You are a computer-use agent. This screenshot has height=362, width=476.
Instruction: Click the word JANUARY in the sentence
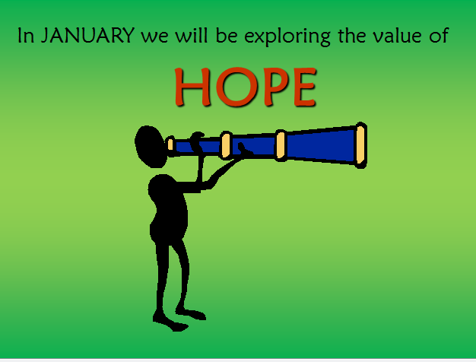click(x=87, y=36)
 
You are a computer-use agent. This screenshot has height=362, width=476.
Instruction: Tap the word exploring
click(x=287, y=37)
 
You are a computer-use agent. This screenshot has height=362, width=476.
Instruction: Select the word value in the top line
click(x=398, y=36)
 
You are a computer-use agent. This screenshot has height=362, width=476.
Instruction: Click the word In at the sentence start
click(x=26, y=36)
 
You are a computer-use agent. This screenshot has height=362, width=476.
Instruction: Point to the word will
click(x=192, y=36)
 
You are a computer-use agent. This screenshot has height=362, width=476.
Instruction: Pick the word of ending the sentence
click(x=439, y=36)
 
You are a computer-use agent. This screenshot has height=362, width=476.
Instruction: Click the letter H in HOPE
click(x=193, y=87)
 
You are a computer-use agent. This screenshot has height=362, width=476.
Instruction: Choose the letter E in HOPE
click(x=305, y=87)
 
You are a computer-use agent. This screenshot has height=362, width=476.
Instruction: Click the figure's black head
click(x=151, y=146)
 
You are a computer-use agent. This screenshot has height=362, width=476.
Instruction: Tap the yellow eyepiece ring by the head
click(x=170, y=144)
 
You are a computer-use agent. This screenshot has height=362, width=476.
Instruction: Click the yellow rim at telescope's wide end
click(x=360, y=145)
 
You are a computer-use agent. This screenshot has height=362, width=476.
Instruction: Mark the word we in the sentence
click(x=154, y=38)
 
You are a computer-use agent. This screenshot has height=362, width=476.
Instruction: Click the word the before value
click(x=352, y=36)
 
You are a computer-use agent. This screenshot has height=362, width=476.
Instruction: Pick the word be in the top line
click(x=227, y=36)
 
